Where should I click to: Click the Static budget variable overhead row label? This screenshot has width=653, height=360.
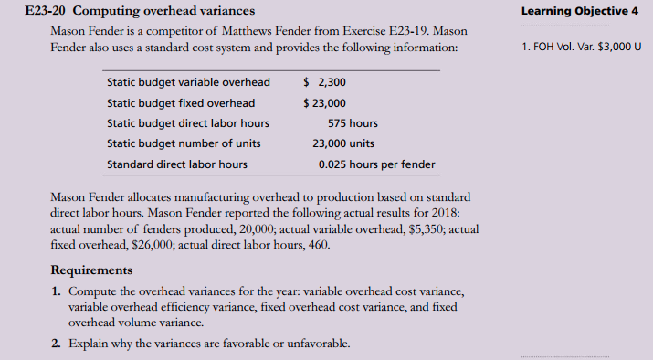188,82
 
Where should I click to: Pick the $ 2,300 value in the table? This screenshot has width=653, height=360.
323,82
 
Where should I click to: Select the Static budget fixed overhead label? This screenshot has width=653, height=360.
181,102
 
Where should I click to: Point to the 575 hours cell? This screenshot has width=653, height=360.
353,123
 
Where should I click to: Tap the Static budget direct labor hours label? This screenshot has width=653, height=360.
188,123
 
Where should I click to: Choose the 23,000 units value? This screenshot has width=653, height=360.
342,143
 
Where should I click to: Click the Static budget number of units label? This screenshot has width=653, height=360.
184,143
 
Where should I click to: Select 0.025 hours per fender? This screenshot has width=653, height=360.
376,164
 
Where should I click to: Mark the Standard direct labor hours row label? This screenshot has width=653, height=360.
177,164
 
